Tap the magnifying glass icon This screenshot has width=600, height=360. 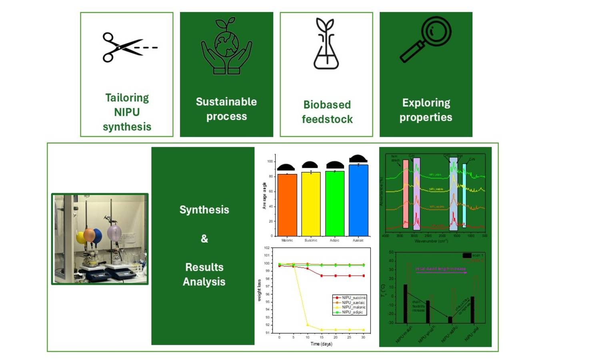(x=426, y=39)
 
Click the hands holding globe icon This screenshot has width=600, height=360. (x=226, y=46)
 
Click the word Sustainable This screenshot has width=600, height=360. (x=226, y=102)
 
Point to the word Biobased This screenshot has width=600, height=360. (x=327, y=105)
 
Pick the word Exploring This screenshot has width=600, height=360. (x=426, y=103)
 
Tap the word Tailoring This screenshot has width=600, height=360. (x=127, y=98)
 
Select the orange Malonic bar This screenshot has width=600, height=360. (x=287, y=205)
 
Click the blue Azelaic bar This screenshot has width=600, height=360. (x=358, y=200)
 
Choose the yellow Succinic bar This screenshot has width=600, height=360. (x=311, y=204)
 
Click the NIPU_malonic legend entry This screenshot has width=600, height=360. (x=353, y=307)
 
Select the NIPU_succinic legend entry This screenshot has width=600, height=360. (x=354, y=298)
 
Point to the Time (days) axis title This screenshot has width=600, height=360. (x=321, y=344)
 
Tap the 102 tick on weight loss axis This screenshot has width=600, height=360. (x=267, y=248)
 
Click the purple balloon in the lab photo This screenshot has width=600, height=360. (x=114, y=232)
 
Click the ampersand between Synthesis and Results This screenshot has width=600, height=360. (x=204, y=239)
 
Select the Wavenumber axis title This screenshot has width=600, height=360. (x=431, y=241)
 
